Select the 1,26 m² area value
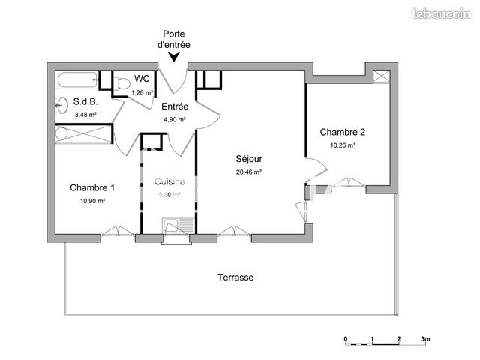(x=142, y=92)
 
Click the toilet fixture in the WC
(x=120, y=84)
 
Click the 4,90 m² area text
(x=174, y=119)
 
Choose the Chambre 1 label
(x=92, y=187)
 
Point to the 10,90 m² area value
(x=92, y=200)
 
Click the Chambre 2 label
(x=343, y=132)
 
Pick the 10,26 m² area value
(x=343, y=145)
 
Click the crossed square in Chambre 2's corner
(x=382, y=76)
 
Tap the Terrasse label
(x=235, y=277)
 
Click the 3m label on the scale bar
(x=424, y=339)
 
